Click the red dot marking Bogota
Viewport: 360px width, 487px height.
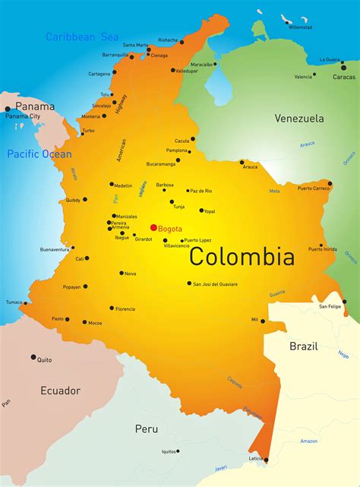coord(153,227)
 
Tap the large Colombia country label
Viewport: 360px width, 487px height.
coord(242,257)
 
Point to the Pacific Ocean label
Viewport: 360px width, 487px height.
coord(39,154)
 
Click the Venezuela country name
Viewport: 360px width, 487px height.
coord(298,119)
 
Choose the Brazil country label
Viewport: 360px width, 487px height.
coord(304,346)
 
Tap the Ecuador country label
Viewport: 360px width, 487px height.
coord(60,391)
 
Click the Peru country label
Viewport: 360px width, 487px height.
coord(147,428)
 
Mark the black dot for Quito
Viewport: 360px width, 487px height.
coord(33,356)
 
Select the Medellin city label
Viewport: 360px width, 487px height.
coord(123,185)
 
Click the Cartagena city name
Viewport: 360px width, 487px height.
coord(99,74)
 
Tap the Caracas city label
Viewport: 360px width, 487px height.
coord(343,77)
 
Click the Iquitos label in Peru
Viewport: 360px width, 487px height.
coord(169,451)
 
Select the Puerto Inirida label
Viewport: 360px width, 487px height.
coord(323,250)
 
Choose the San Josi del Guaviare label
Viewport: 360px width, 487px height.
coord(215,284)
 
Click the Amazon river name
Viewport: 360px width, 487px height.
coord(308,441)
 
